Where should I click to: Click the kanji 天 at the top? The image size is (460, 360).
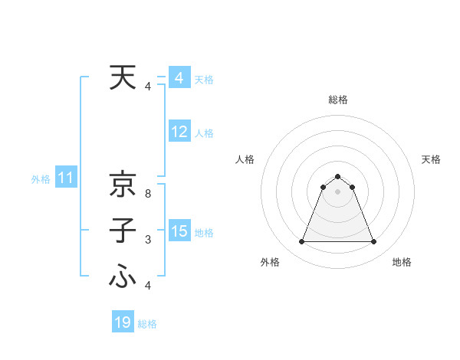[123, 78]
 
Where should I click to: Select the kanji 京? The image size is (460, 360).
[123, 185]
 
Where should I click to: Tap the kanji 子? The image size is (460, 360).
[123, 231]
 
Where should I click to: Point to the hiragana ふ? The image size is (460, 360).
[123, 277]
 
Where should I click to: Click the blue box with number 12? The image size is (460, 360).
[179, 132]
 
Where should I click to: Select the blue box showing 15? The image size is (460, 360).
[179, 231]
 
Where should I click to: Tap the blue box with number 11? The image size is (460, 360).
[65, 178]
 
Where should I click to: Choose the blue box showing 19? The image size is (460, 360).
[123, 322]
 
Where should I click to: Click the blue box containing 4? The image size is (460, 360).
[179, 78]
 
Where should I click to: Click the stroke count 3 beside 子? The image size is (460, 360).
[148, 241]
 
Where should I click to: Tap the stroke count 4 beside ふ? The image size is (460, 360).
[148, 286]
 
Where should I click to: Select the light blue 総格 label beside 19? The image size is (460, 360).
[147, 324]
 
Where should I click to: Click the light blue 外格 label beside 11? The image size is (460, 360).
[41, 180]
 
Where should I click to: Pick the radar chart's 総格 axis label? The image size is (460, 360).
[337, 100]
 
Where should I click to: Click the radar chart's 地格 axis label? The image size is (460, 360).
[402, 262]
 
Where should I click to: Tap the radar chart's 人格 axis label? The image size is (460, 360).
[245, 159]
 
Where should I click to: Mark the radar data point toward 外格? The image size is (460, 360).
[301, 242]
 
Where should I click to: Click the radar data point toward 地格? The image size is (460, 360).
[373, 242]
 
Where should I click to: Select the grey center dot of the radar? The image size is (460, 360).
[337, 191]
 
